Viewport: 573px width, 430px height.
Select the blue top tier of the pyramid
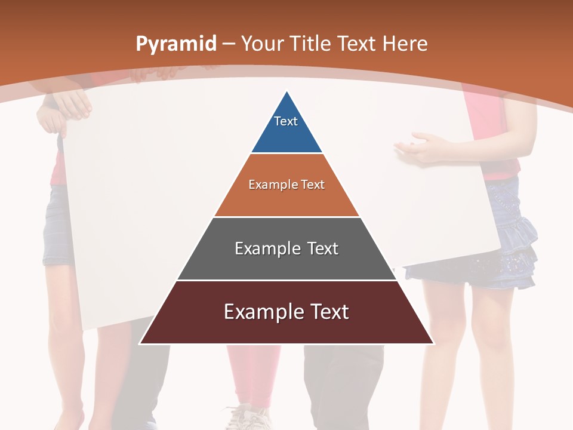click(286, 128)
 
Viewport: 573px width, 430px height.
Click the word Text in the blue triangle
click(286, 121)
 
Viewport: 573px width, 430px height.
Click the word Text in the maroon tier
click(325, 312)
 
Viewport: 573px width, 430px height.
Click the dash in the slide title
click(228, 44)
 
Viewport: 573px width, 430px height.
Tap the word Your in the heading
click(263, 44)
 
